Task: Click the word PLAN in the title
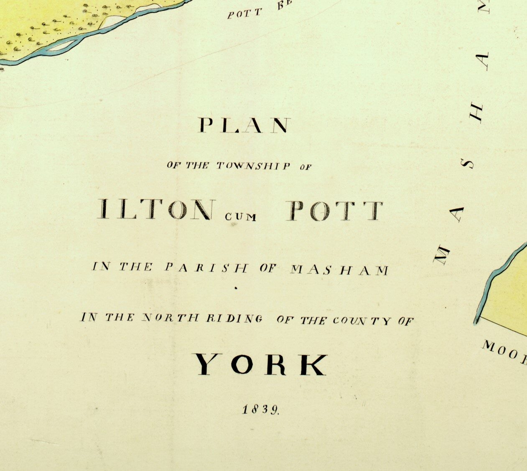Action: point(244,125)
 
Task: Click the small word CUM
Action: point(240,217)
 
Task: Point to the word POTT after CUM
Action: point(334,210)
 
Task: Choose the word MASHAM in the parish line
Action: point(339,270)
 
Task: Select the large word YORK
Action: point(261,364)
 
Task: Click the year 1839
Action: point(261,409)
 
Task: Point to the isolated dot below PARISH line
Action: point(236,288)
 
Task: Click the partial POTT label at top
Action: point(244,13)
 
